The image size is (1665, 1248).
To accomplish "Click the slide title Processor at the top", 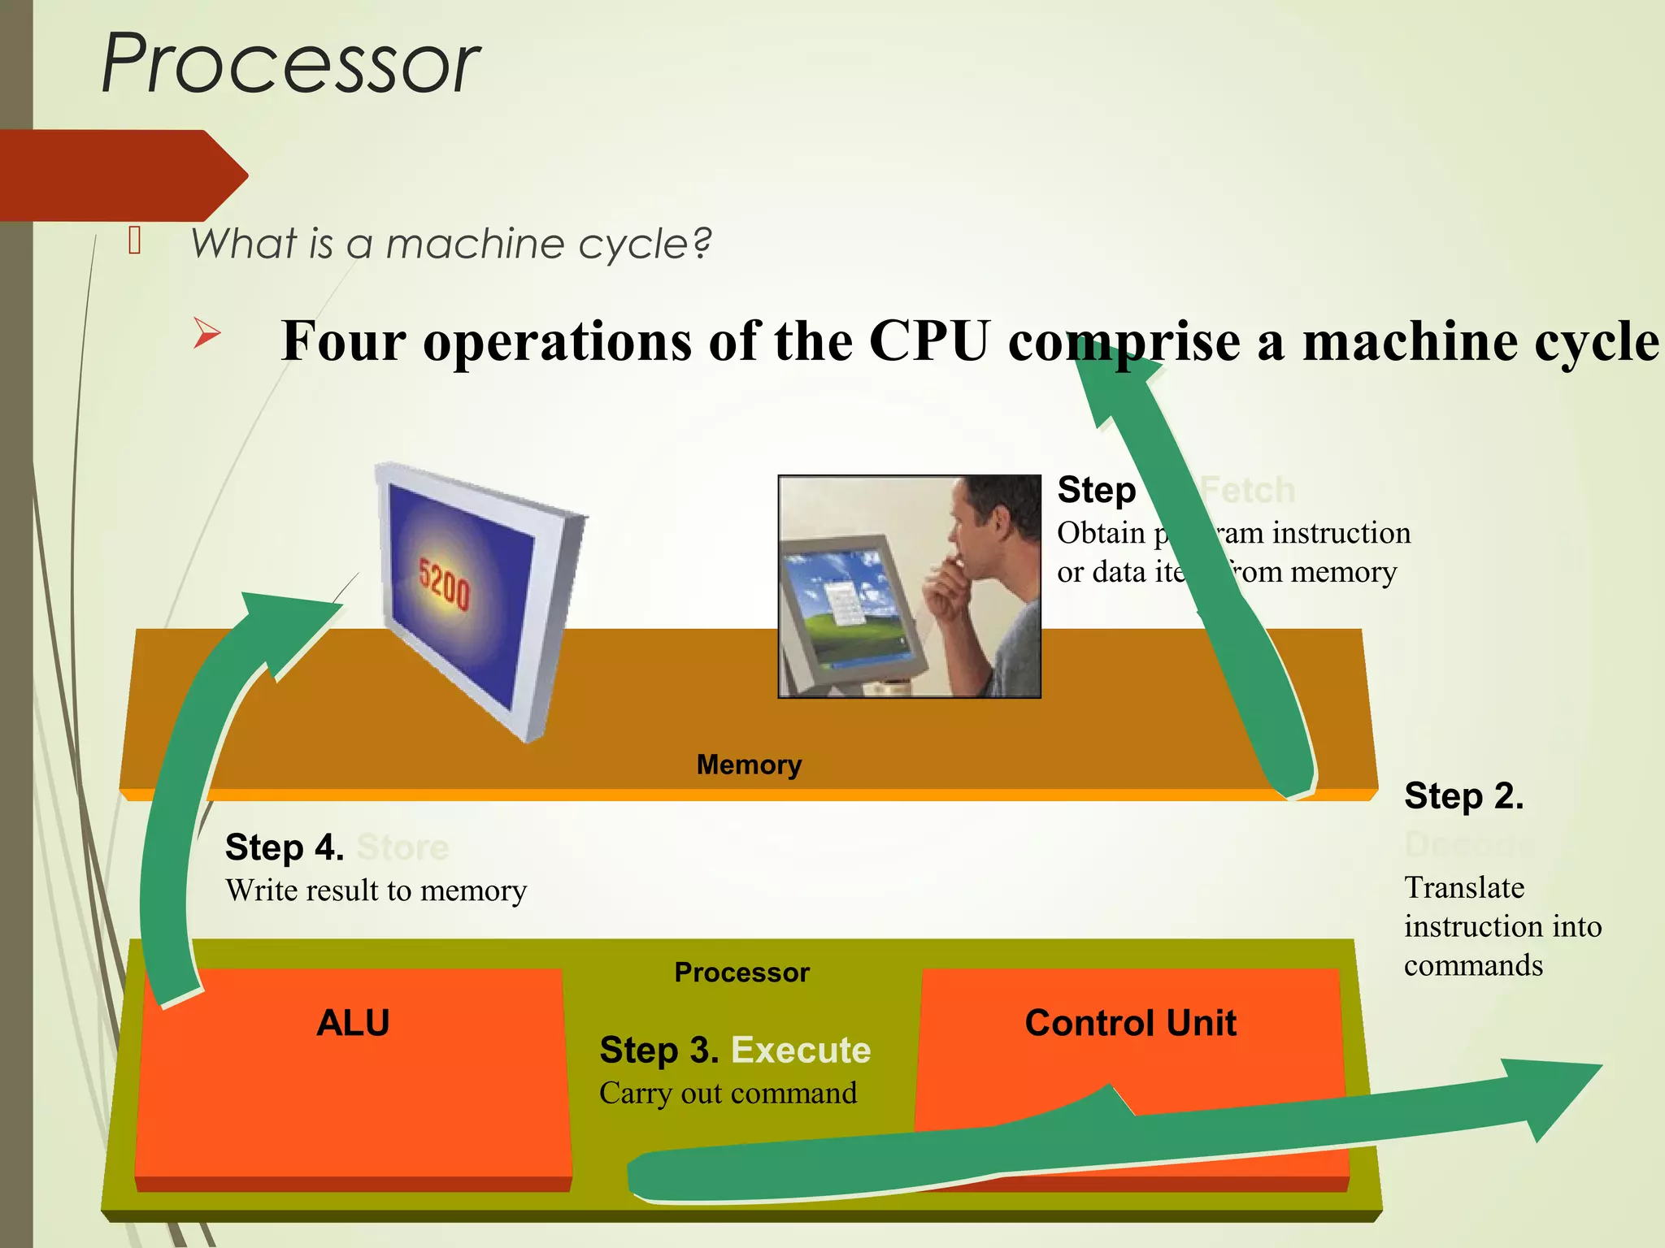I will [290, 63].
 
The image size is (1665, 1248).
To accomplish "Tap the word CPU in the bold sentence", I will [929, 340].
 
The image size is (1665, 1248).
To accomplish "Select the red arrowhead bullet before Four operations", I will [206, 334].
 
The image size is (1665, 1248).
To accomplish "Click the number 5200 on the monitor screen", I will [444, 583].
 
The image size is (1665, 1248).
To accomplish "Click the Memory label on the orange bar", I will [749, 765].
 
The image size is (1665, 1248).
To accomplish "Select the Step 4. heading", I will [285, 847].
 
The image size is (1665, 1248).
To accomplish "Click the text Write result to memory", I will [376, 890].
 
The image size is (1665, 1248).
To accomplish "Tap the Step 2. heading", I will [1463, 795].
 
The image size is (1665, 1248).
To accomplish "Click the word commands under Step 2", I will [1473, 965].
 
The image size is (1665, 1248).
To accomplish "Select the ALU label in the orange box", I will [353, 1022].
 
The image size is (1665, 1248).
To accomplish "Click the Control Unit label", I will [1130, 1022].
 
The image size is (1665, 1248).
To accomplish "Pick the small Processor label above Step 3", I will [741, 973].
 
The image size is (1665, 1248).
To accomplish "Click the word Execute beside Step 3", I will [801, 1050].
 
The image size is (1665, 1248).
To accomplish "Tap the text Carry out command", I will [728, 1093].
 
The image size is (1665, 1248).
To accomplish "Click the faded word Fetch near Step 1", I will [1247, 490].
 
